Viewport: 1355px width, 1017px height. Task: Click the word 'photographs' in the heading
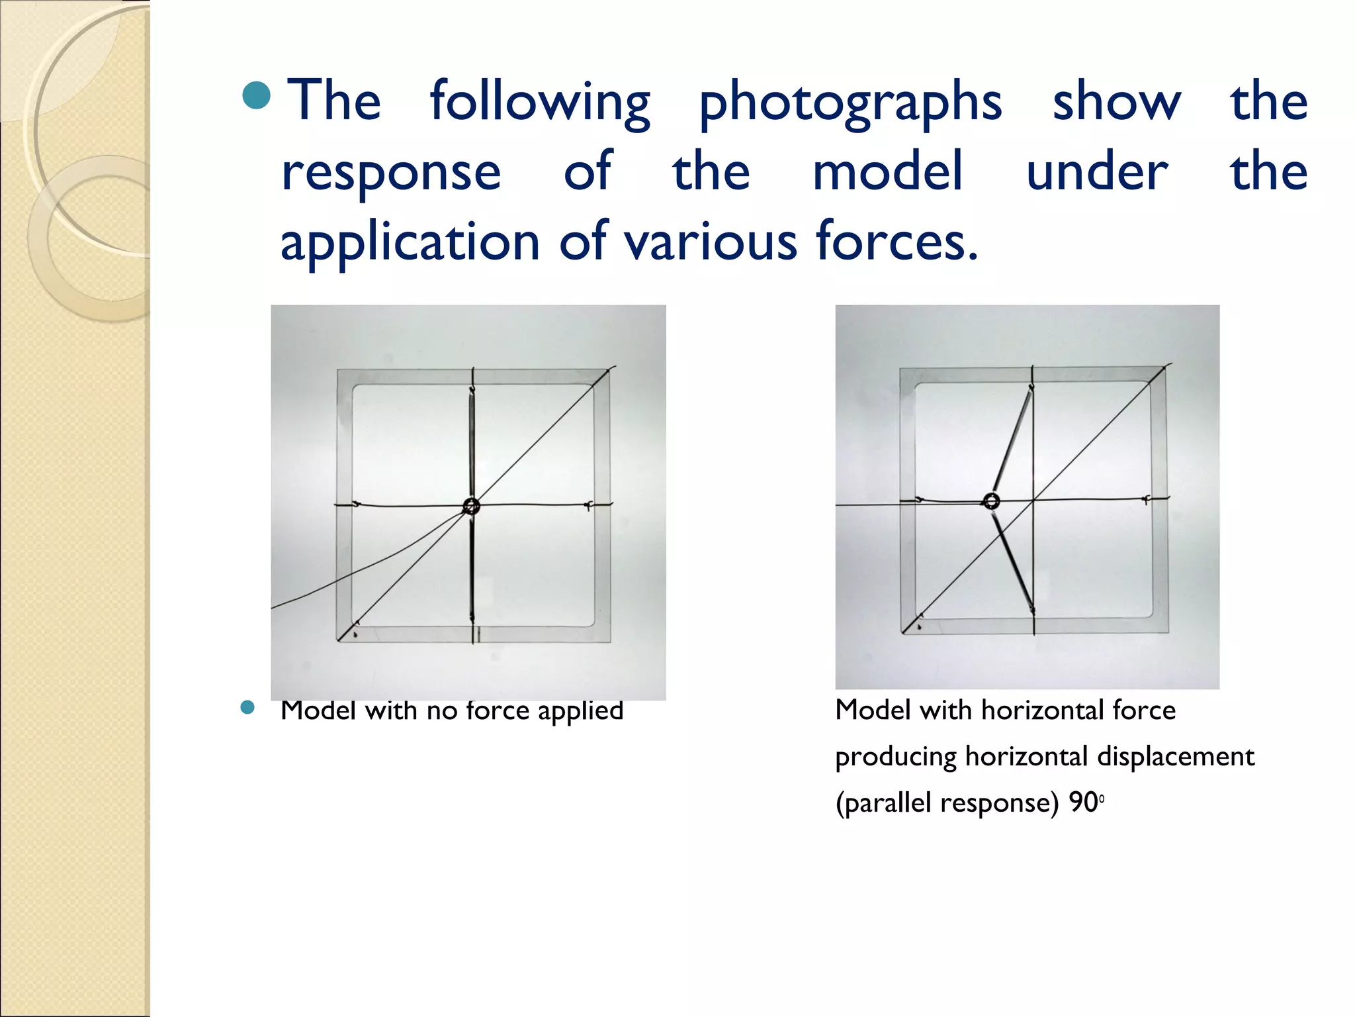point(850,103)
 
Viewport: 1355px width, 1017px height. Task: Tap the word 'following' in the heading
point(540,103)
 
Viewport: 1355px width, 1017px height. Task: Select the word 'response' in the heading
point(391,172)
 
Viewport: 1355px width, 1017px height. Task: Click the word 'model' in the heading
point(887,171)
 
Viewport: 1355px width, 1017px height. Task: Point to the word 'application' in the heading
point(410,242)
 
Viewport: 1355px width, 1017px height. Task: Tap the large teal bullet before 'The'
point(257,96)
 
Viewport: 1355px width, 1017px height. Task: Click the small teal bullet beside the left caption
point(247,708)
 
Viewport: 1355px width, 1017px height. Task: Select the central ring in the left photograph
point(471,507)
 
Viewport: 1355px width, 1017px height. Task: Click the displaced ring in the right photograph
point(991,501)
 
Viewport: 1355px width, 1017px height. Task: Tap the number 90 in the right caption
point(1083,802)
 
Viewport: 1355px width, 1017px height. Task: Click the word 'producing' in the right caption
point(895,757)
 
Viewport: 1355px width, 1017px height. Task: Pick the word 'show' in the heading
point(1116,102)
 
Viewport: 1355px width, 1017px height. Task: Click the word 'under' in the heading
point(1097,171)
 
